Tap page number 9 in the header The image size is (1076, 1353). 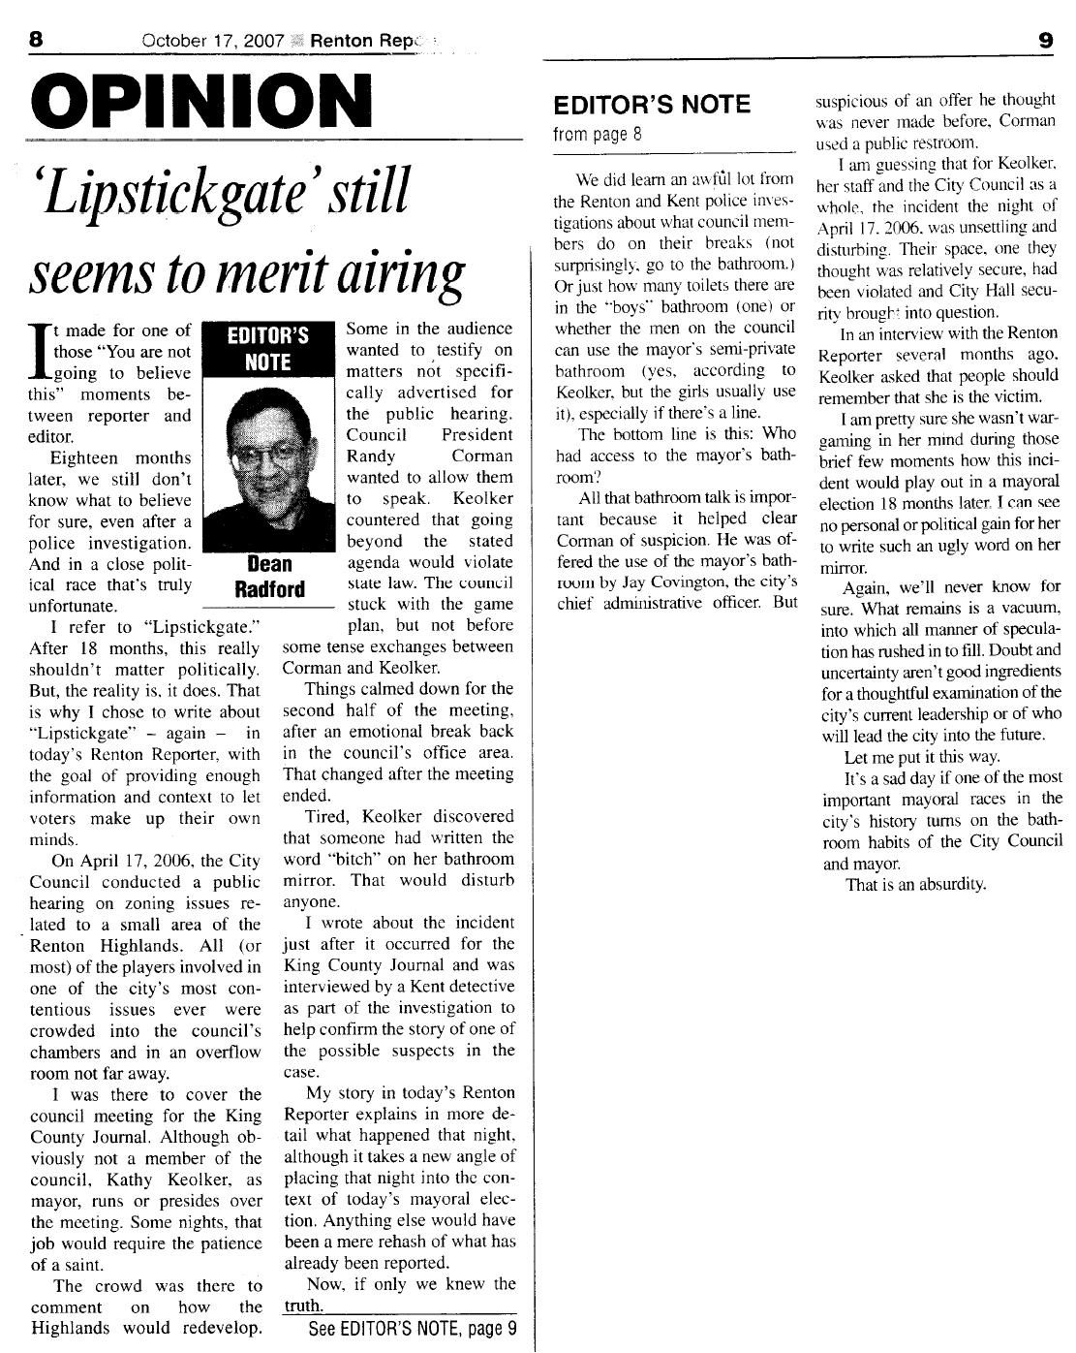point(1045,40)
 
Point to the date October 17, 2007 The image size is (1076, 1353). point(212,41)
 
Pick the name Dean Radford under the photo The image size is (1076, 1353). point(270,577)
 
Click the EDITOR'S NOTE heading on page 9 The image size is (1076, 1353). point(652,105)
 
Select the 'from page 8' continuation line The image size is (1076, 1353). point(598,134)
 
